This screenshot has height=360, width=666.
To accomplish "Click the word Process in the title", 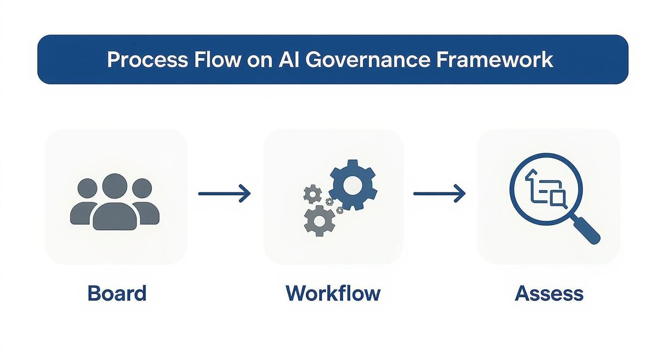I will click(147, 60).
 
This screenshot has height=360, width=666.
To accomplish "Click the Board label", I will click(117, 293).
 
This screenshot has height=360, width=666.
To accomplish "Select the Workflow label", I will click(333, 293).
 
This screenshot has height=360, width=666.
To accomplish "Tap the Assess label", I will click(549, 293).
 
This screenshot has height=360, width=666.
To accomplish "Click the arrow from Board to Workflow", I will click(224, 194).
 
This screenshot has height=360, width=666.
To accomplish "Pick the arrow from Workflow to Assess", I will click(439, 194).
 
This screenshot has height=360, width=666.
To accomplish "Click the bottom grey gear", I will click(319, 220).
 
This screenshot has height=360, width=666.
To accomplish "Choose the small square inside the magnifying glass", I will click(558, 197).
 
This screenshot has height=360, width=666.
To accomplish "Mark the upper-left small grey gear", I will click(313, 193).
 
